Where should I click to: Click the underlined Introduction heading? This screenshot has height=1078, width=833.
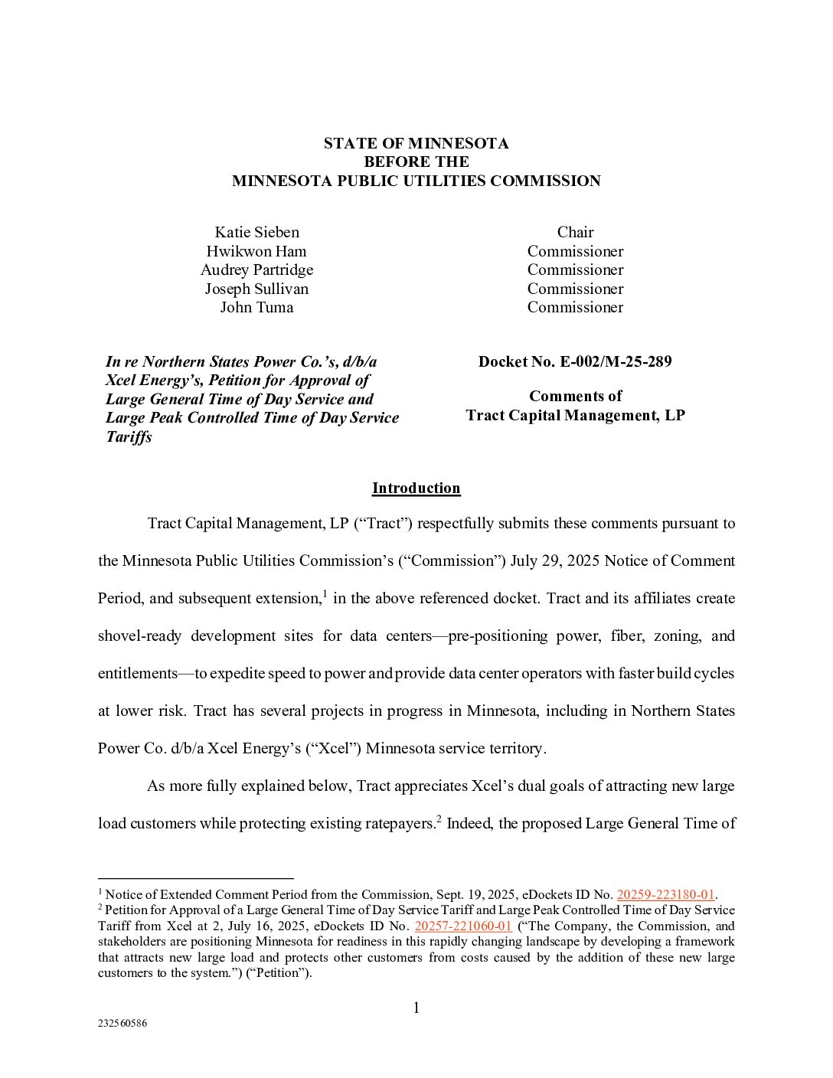click(416, 488)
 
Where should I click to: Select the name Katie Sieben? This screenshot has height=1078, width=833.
click(256, 232)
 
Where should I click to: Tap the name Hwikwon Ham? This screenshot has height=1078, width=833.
click(256, 251)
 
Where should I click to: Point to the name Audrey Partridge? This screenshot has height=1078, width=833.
click(256, 269)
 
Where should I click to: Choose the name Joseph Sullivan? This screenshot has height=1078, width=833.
click(256, 289)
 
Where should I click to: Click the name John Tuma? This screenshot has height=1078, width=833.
click(256, 307)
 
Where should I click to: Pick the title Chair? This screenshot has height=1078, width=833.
click(575, 232)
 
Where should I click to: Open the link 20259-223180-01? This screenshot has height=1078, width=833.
click(665, 894)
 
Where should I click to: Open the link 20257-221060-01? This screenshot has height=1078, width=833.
click(462, 926)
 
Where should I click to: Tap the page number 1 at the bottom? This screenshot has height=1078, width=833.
click(416, 1008)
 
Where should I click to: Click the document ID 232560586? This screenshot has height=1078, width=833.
click(122, 1023)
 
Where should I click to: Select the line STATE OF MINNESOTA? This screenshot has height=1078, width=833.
click(416, 143)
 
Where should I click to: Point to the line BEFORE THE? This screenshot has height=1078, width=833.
click(416, 162)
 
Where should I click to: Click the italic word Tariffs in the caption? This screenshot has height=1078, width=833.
click(129, 436)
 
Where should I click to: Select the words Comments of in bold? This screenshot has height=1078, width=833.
click(575, 396)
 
